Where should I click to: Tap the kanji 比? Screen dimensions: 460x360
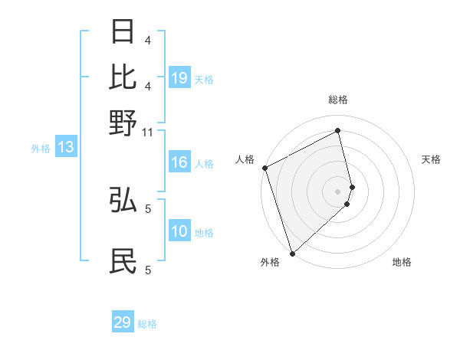coord(123,77)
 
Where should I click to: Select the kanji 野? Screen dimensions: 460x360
coord(123,122)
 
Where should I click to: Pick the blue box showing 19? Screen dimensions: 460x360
coord(179,78)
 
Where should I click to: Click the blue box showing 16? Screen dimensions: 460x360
coord(179,162)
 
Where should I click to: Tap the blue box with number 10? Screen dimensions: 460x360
coord(179,232)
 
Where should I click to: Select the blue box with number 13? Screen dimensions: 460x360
coord(65,148)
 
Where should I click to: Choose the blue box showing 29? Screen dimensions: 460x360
coord(123,322)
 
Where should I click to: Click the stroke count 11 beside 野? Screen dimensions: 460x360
coord(148,133)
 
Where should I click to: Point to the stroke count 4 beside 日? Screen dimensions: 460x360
coord(148,40)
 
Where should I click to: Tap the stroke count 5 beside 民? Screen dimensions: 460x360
coord(148,270)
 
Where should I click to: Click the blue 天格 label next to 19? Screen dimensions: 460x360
coord(204,79)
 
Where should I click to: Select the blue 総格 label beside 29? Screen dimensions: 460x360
coord(147,324)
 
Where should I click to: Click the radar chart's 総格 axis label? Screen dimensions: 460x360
coord(338,100)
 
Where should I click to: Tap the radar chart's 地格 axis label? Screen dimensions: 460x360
coord(402,262)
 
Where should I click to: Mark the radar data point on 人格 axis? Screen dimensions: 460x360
coord(264,168)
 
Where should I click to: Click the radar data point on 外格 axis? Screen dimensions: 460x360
coord(292,252)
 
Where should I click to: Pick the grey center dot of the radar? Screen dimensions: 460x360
coord(338,191)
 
